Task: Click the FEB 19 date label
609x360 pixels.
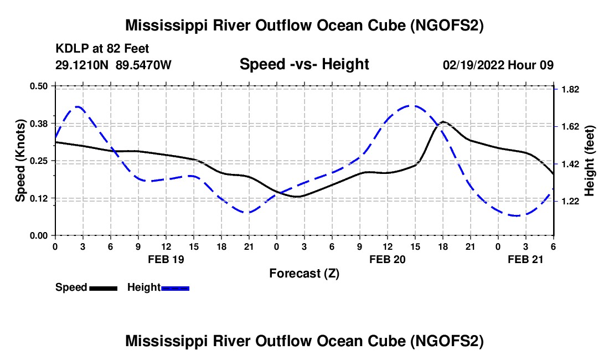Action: [166, 259]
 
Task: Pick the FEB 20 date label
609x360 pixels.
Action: [388, 259]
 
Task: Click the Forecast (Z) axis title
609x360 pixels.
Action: [304, 273]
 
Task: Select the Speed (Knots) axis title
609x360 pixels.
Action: [20, 160]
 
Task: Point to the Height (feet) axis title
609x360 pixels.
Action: [589, 161]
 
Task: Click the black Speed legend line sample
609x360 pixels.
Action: [103, 288]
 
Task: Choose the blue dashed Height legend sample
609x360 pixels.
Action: [176, 288]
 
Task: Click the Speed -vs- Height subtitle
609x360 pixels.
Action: [304, 64]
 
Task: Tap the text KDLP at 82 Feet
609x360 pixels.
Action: [102, 49]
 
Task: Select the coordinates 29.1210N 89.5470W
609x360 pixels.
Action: [113, 65]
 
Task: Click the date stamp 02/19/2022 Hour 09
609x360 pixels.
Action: [498, 65]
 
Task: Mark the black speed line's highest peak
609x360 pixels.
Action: [443, 121]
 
